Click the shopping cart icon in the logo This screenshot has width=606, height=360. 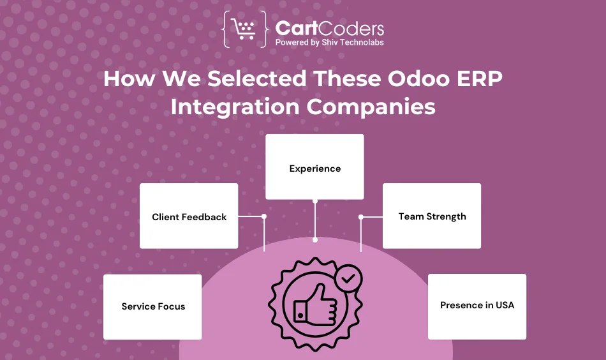(x=244, y=29)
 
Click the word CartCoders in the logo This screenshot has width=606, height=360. (x=330, y=29)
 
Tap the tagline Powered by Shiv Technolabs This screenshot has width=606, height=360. (x=330, y=43)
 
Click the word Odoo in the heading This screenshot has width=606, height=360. (x=418, y=79)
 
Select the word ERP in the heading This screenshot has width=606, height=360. (x=479, y=79)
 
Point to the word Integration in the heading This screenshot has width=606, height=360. (x=235, y=107)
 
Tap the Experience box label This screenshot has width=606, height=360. (x=315, y=169)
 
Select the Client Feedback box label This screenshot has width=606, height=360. (x=189, y=217)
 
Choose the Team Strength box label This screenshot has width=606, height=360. (x=432, y=216)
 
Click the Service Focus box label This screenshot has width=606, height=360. (x=153, y=306)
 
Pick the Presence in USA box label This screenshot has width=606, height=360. (x=477, y=305)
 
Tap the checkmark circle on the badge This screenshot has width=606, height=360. (x=348, y=278)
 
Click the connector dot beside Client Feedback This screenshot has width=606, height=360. (x=264, y=216)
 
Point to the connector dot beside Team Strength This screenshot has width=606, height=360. (x=361, y=217)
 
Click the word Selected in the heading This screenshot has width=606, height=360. (x=256, y=79)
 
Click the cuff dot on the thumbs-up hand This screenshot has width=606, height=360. (x=300, y=315)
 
